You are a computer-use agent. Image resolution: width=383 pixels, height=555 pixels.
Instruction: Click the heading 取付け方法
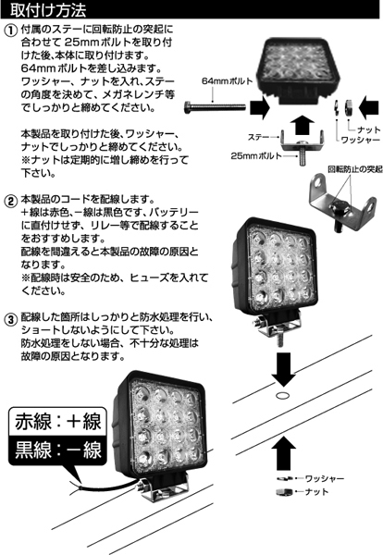click(x=47, y=11)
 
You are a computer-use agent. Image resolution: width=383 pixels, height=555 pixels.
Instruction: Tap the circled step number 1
click(x=11, y=31)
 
